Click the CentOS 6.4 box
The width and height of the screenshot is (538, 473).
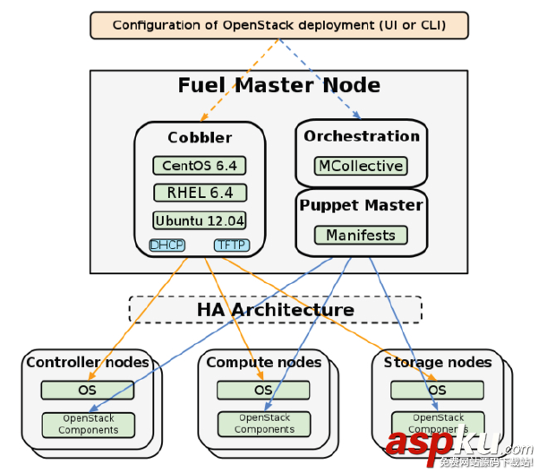click(199, 166)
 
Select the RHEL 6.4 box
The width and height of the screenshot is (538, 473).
click(199, 193)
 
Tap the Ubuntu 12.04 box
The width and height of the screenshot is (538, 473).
click(199, 220)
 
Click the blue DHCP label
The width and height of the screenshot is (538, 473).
click(167, 245)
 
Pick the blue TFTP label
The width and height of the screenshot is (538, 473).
click(231, 245)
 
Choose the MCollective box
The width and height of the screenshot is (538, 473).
click(361, 166)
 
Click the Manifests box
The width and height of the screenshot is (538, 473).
click(361, 235)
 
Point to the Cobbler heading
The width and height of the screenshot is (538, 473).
click(200, 138)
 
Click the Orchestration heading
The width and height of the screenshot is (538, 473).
click(361, 136)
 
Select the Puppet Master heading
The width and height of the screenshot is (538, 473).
click(361, 205)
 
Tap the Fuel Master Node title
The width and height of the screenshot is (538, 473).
click(278, 86)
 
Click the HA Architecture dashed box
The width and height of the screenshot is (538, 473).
click(275, 310)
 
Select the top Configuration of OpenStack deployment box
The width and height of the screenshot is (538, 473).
click(278, 25)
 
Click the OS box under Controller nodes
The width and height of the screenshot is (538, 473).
click(88, 390)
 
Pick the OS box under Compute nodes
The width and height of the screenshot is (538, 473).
click(263, 390)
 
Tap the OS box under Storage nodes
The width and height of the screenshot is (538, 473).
click(437, 390)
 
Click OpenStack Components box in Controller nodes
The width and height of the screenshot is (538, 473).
click(88, 424)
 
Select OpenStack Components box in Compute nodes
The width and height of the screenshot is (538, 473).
click(263, 424)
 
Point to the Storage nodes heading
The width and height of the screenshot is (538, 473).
click(438, 363)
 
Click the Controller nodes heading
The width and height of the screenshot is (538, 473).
click(88, 363)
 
